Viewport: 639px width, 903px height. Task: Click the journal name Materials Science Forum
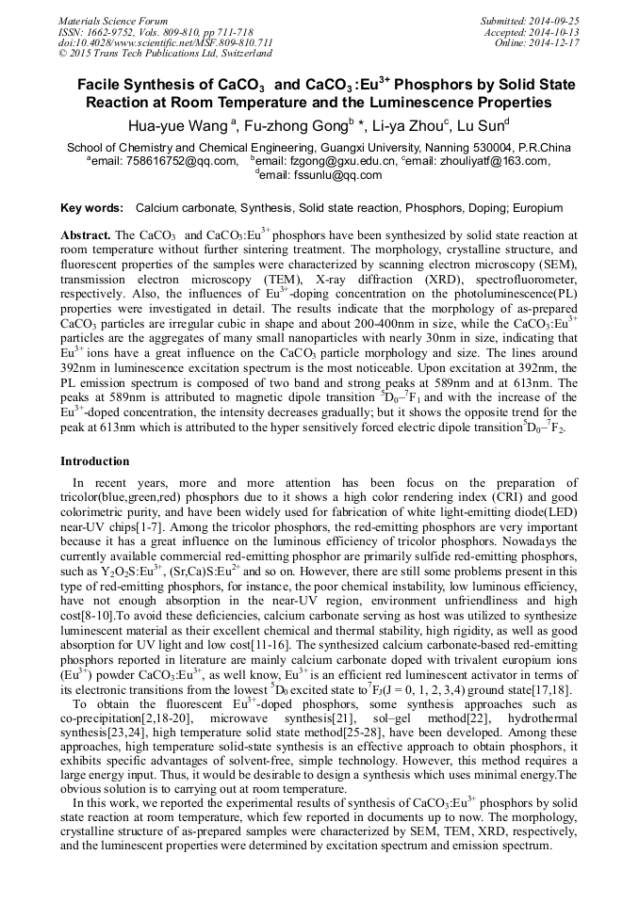(x=113, y=21)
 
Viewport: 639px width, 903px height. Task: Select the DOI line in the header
(x=166, y=43)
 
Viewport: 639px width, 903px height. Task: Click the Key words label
(x=91, y=207)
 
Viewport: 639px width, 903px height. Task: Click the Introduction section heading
(x=95, y=461)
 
